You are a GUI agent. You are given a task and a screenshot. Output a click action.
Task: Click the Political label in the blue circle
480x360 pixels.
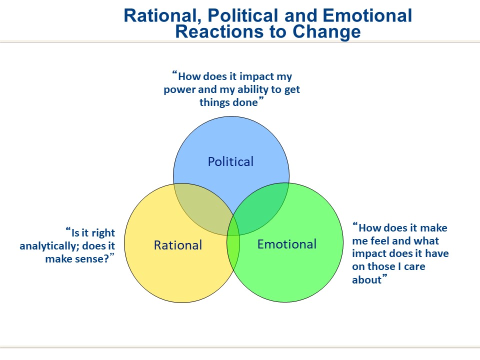tap(230, 161)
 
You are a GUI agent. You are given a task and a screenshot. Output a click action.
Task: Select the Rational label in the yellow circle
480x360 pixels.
tap(177, 245)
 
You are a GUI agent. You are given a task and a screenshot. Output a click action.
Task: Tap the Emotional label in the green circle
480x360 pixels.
tap(286, 244)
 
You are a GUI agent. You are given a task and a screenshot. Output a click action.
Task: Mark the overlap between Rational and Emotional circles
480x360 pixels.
tap(233, 245)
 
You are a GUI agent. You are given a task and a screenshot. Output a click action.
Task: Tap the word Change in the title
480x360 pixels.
tap(327, 31)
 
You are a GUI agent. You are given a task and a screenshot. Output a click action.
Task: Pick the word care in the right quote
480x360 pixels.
tap(413, 266)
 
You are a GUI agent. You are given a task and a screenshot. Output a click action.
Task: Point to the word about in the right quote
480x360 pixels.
tap(366, 280)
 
